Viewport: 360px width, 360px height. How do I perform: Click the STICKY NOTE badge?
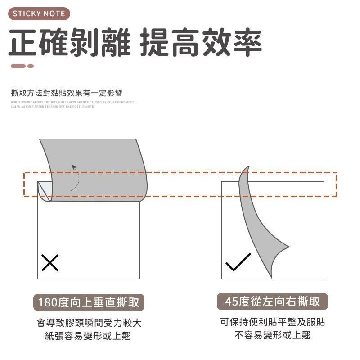point(39,13)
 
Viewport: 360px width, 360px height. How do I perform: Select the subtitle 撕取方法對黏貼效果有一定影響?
point(67,94)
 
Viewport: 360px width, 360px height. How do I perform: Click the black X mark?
point(50,262)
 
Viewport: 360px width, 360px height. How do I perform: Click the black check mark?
point(238,262)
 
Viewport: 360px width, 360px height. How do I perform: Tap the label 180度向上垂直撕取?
point(89,302)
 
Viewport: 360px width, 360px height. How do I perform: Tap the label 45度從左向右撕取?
point(273,301)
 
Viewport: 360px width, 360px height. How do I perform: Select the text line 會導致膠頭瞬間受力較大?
point(89,323)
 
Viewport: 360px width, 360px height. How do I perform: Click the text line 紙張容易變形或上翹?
point(89,336)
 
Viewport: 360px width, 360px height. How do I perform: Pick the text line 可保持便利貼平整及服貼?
point(273,322)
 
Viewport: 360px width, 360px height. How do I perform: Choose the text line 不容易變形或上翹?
point(273,335)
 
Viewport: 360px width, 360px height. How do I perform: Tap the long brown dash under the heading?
point(18,66)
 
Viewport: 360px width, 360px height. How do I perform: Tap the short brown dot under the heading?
point(31,66)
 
